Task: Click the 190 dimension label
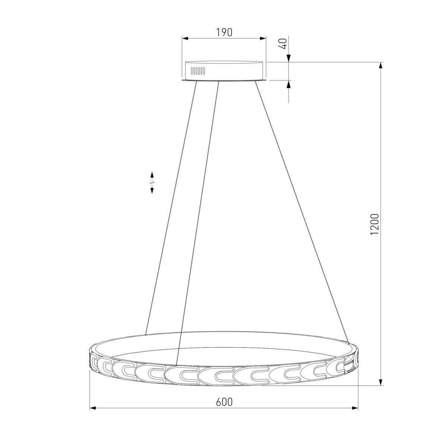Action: [224, 33]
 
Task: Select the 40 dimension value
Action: [284, 43]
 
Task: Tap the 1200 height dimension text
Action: [374, 224]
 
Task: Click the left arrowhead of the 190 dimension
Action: [185, 38]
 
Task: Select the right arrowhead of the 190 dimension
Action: [263, 38]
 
